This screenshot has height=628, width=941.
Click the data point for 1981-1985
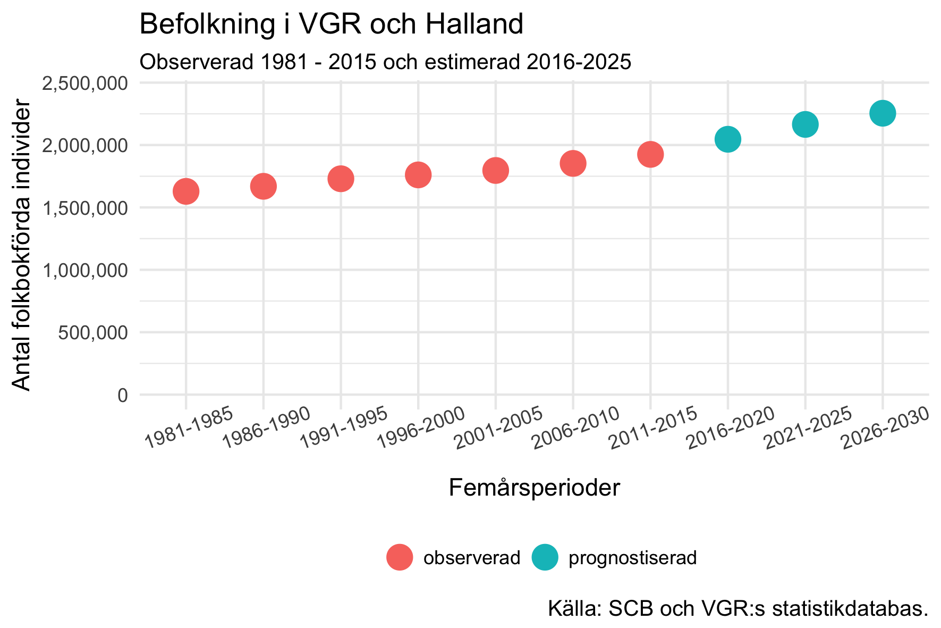[x=186, y=191]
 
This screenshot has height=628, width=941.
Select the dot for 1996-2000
[x=418, y=175]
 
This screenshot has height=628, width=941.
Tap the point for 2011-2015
[x=650, y=155]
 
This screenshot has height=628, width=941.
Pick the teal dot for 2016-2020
[x=728, y=139]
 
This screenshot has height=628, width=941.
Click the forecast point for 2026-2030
[x=883, y=113]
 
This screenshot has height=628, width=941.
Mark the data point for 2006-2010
[x=573, y=163]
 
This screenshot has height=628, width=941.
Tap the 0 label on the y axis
[x=123, y=396]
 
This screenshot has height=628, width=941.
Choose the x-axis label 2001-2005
[x=498, y=428]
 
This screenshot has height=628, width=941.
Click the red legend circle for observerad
[x=400, y=558]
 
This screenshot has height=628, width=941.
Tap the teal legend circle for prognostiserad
[x=545, y=558]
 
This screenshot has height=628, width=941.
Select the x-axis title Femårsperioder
[x=535, y=488]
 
